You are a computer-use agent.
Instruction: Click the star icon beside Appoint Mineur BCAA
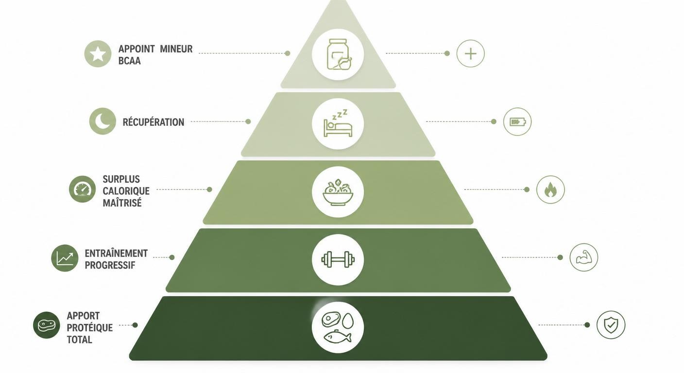pyautogui.click(x=98, y=54)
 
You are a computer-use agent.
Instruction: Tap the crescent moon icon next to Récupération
pyautogui.click(x=103, y=121)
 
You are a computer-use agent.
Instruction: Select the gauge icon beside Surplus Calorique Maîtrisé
pyautogui.click(x=83, y=189)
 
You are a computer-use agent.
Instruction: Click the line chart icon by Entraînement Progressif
pyautogui.click(x=65, y=258)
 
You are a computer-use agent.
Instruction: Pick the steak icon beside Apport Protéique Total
pyautogui.click(x=47, y=325)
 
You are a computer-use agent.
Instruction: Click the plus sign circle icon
pyautogui.click(x=471, y=54)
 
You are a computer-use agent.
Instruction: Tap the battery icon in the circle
pyautogui.click(x=517, y=122)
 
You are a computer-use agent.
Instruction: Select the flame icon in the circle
pyautogui.click(x=550, y=189)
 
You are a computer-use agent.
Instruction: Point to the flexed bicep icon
pyautogui.click(x=584, y=257)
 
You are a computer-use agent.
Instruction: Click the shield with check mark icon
pyautogui.click(x=611, y=325)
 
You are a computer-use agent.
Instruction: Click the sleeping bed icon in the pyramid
pyautogui.click(x=338, y=123)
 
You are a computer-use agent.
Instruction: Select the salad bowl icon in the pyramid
pyautogui.click(x=338, y=192)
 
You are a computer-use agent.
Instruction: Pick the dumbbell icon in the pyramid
pyautogui.click(x=338, y=259)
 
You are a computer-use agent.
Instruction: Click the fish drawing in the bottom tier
pyautogui.click(x=337, y=337)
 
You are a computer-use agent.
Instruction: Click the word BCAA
pyautogui.click(x=130, y=61)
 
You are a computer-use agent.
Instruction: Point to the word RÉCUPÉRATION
pyautogui.click(x=154, y=122)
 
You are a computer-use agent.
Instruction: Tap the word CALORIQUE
pyautogui.click(x=126, y=191)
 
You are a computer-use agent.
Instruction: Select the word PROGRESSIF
pyautogui.click(x=110, y=265)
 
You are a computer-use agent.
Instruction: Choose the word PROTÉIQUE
pyautogui.click(x=90, y=328)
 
